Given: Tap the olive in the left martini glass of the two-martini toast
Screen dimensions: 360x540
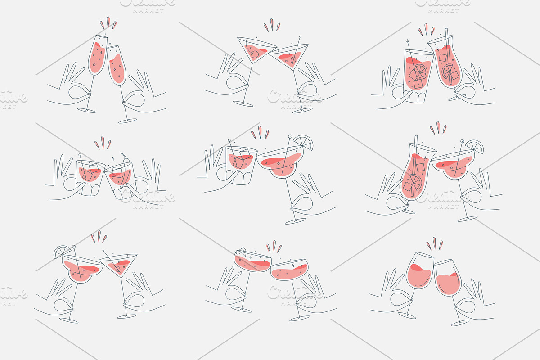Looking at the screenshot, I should [255, 54].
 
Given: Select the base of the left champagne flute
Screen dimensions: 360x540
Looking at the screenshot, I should [86, 110].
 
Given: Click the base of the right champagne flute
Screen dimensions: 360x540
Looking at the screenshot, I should [127, 120].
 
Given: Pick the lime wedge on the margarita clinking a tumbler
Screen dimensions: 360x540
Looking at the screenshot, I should [304, 143].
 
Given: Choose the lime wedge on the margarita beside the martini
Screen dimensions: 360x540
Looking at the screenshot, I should [63, 252].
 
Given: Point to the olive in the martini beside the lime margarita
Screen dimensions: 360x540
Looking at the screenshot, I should [117, 269].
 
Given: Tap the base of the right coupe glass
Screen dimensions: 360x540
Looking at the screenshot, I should [299, 318].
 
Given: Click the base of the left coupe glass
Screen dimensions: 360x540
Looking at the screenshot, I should [243, 310].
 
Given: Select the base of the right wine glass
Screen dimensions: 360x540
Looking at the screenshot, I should [460, 323].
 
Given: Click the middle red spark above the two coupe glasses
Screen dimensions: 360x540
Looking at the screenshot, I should [274, 246].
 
